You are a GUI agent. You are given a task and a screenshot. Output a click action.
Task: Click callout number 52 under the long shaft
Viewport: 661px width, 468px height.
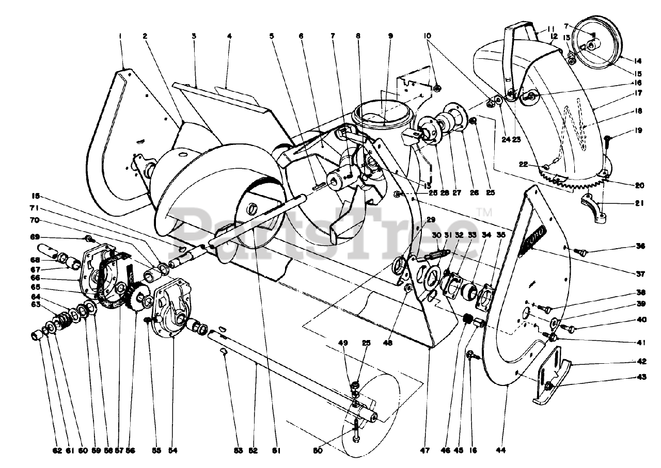click(x=253, y=450)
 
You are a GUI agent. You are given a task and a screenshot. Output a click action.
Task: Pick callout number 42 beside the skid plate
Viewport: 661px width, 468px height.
click(x=640, y=362)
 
